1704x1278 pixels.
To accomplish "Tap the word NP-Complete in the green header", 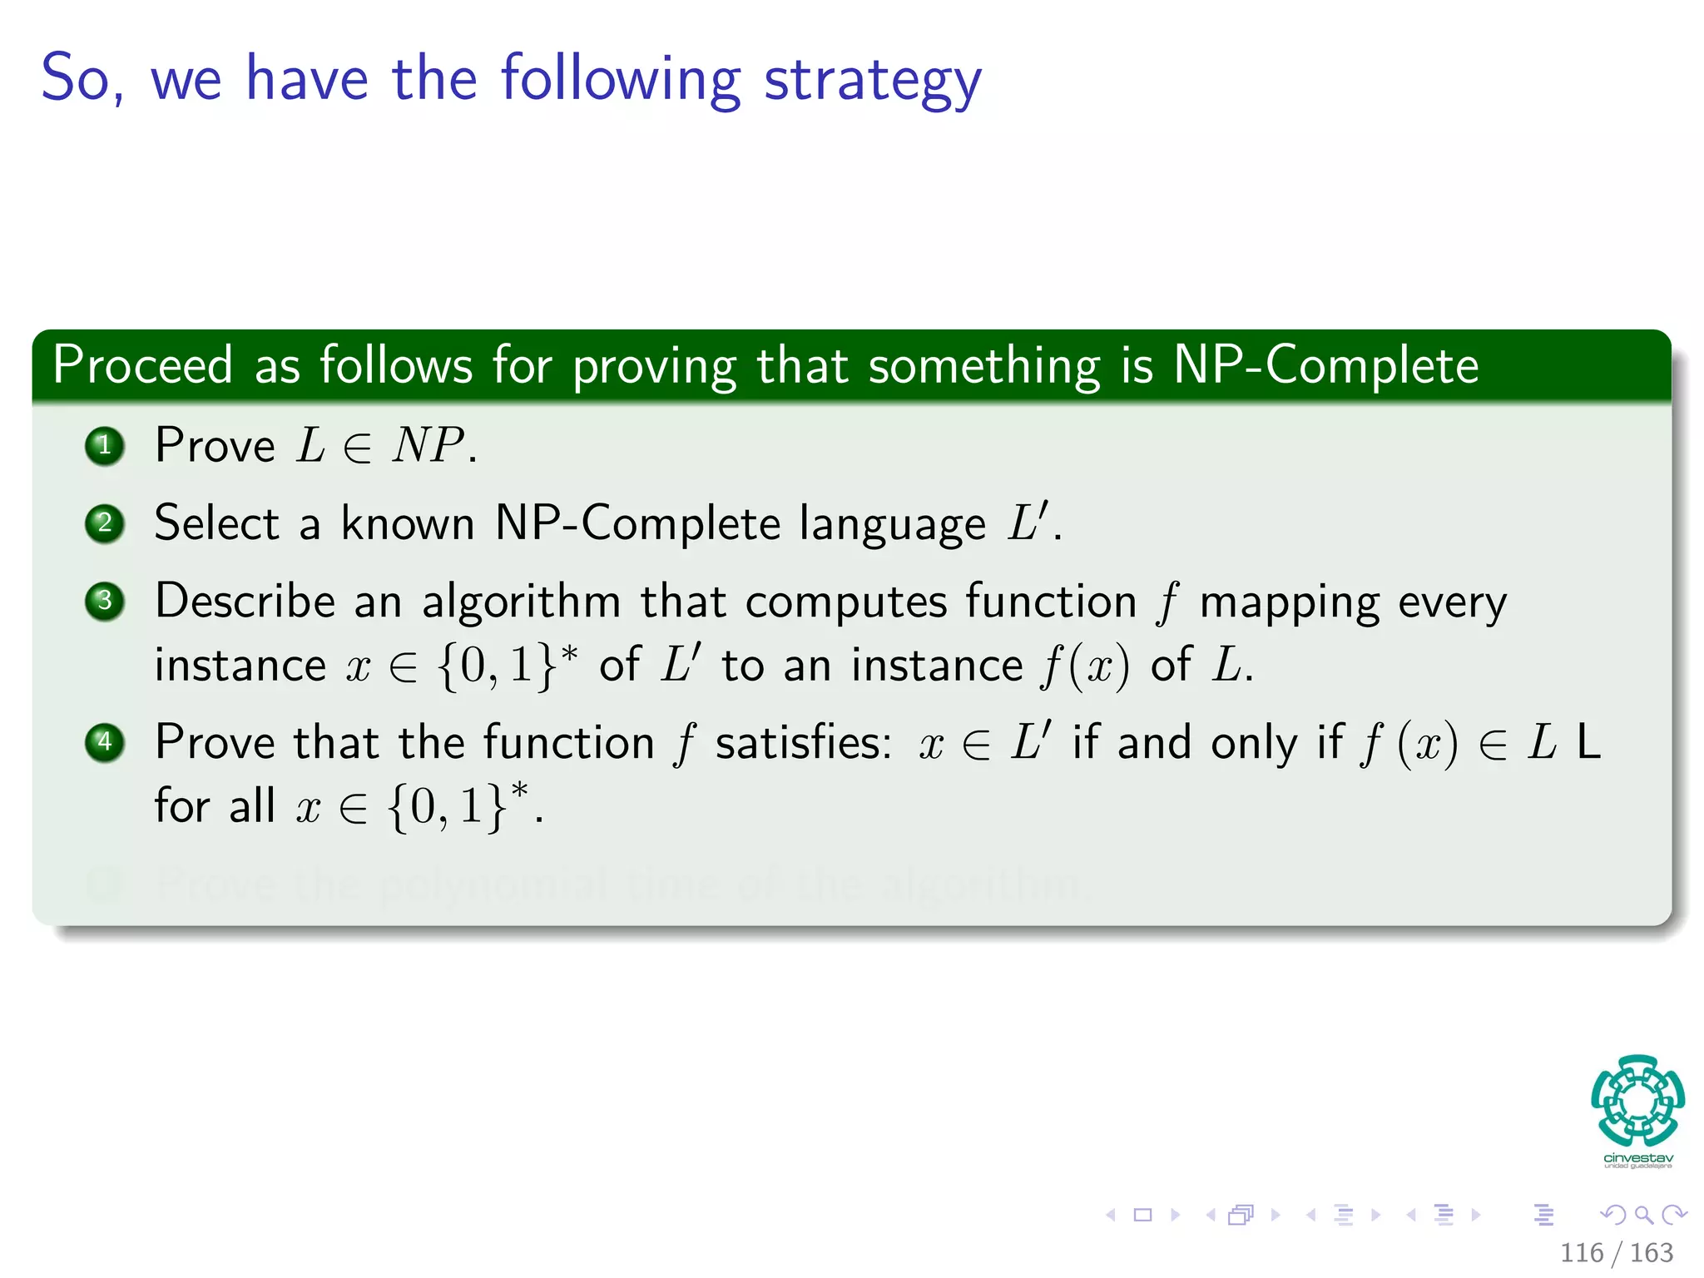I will [1325, 365].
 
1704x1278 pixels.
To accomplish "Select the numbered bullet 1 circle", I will [105, 446].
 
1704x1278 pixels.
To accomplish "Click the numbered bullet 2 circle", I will [105, 523].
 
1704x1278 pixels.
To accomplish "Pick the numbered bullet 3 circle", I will [105, 601].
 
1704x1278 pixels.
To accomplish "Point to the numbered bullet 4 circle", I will [105, 742].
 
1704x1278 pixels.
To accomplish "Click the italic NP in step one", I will [428, 445].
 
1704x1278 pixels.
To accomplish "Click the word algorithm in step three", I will [521, 602].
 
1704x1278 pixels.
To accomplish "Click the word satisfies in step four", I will [803, 742].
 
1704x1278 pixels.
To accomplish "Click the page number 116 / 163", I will [1616, 1252].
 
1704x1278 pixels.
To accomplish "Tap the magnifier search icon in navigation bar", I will [1643, 1215].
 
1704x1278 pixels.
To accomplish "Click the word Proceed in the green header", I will [142, 365].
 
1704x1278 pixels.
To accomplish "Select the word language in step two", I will [892, 525].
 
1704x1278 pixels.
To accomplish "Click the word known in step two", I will [408, 523].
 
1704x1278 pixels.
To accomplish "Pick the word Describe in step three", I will [245, 601].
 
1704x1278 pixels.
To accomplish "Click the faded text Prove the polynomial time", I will [582, 884].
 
